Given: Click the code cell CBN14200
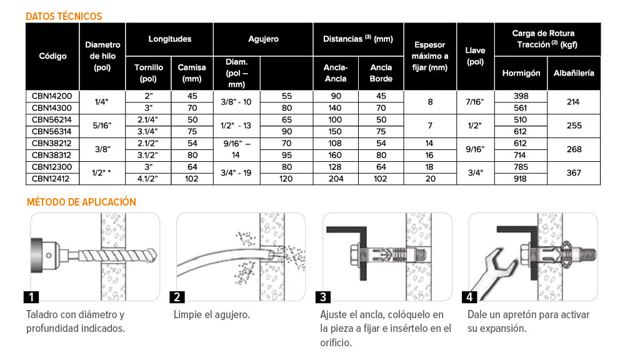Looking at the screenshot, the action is coord(52,96).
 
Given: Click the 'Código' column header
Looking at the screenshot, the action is coord(52,56).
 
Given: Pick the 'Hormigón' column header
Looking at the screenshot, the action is coord(521,73).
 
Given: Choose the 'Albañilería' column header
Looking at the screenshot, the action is coord(574,73).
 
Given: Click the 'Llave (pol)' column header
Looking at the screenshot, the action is coord(475,56).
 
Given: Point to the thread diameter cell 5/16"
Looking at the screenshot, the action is coord(102,126).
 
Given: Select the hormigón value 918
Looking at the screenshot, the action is coord(520,179).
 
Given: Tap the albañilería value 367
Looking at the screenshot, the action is coord(574,172).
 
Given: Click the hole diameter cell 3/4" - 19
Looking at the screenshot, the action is coord(236,172).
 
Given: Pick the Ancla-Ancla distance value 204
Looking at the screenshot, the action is coord(336,179).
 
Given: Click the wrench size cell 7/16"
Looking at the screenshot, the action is coord(475,102).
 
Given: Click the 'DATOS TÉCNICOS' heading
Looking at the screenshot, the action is coord(64,16).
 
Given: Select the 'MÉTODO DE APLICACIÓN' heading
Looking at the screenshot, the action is coord(81,202).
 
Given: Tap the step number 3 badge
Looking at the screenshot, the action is coord(323,297).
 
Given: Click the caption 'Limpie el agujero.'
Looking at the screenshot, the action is coord(212,315).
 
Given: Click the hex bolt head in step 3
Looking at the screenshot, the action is coord(355,256).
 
